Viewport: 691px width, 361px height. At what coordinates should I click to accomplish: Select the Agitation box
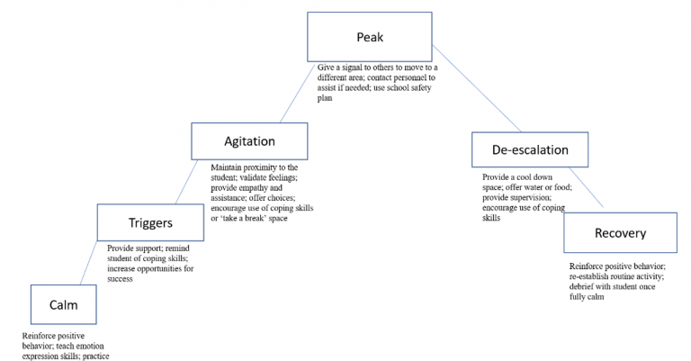pos(248,141)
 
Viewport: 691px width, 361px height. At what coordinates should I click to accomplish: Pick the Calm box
pos(64,304)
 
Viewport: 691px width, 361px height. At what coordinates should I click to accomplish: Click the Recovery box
pos(620,233)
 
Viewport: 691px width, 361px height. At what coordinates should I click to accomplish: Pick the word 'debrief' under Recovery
pos(585,286)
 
